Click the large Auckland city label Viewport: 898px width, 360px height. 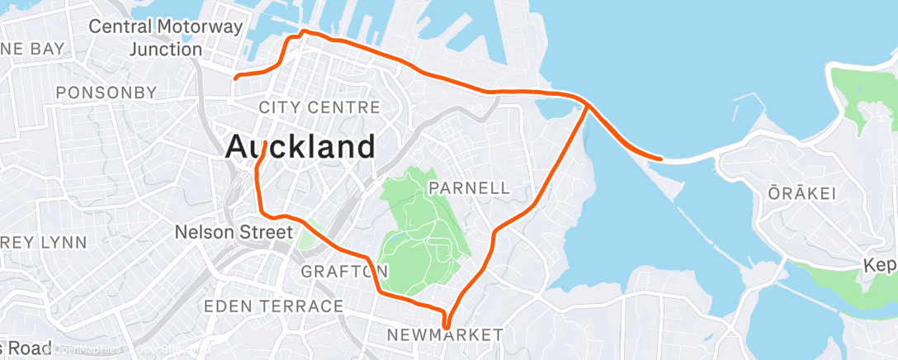300,147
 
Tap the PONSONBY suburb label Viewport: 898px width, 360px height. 105,92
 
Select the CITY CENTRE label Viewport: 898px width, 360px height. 319,107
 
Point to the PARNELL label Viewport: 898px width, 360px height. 469,188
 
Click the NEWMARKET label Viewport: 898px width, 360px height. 444,334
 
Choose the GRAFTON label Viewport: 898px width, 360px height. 344,272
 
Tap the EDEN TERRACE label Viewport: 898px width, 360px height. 273,306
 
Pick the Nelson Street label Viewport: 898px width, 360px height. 234,233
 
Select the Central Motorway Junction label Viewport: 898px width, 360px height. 166,38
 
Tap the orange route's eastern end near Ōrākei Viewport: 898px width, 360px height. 660,158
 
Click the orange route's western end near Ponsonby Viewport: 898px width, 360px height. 236,78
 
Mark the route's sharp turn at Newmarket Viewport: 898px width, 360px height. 446,327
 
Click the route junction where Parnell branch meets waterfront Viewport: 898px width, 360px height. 588,105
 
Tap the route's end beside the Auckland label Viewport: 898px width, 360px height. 262,144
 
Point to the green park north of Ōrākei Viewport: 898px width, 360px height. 863,95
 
